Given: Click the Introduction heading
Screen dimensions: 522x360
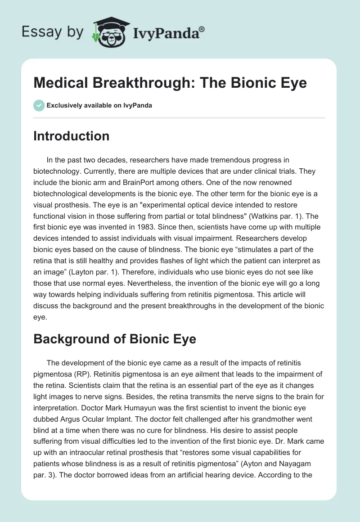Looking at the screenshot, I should pos(71,136).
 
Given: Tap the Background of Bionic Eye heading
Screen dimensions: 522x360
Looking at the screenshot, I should pos(115,338).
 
